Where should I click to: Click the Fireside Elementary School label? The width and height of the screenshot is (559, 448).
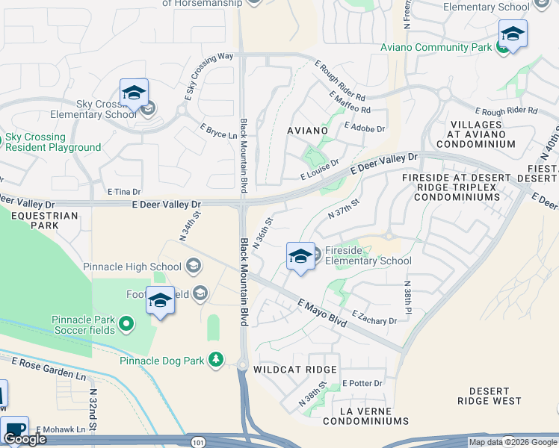367,256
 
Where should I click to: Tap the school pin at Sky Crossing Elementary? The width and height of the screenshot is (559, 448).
134,93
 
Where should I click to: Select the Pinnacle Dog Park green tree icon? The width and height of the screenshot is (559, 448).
216,361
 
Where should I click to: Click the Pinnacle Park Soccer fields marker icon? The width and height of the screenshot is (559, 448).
126,325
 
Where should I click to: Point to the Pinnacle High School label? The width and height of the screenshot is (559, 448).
132,267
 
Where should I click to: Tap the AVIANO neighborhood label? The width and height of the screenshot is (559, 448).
307,131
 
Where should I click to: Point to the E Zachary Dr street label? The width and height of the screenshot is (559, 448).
374,317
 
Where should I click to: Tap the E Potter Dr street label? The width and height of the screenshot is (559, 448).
362,384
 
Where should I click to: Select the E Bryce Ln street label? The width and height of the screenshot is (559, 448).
218,131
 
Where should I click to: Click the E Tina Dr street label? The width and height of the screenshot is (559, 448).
124,192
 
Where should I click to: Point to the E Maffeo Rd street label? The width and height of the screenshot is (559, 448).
349,103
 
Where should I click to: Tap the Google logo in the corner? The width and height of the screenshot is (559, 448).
25,439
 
